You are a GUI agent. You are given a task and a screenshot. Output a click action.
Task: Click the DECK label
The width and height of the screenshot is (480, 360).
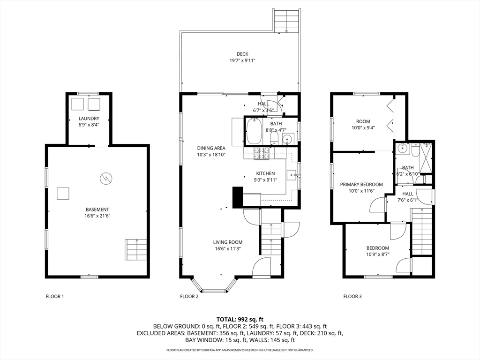242,54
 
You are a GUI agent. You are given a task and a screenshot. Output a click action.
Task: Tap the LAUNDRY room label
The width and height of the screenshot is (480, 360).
89,119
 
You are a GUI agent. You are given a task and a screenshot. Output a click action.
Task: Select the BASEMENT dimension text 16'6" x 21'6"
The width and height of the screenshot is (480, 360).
97,216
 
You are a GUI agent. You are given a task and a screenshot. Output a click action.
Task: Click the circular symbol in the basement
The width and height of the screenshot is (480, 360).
106,178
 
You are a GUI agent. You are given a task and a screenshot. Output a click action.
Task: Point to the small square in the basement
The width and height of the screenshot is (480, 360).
63,194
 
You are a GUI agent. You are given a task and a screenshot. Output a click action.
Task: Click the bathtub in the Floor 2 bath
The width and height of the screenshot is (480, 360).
254,131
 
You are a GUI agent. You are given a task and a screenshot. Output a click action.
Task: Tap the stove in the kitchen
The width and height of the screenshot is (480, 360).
261,153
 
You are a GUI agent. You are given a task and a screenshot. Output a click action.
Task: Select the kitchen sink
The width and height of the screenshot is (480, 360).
292,176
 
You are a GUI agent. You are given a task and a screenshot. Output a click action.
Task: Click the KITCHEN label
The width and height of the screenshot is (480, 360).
265,173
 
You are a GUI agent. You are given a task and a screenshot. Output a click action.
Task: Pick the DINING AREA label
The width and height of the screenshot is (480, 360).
211,148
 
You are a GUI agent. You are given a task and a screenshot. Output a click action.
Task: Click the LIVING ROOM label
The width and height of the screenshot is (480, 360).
228,242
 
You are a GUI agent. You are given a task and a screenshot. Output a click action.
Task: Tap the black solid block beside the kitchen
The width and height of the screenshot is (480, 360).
238,197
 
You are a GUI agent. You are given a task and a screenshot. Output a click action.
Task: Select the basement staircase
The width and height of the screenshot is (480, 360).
135,250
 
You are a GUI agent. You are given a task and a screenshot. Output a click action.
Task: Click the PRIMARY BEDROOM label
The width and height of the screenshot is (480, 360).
361,185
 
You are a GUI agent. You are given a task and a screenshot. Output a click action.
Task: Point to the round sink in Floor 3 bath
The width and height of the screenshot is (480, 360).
402,149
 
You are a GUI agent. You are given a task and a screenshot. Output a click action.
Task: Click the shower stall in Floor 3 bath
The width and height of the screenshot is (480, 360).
425,157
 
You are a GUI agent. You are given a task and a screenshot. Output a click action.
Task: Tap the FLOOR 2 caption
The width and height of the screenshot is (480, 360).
189,296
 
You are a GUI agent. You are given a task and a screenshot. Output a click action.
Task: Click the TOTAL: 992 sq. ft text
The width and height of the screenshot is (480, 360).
240,320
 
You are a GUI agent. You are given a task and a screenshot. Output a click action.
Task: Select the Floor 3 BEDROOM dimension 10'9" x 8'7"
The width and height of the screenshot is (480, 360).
378,254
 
